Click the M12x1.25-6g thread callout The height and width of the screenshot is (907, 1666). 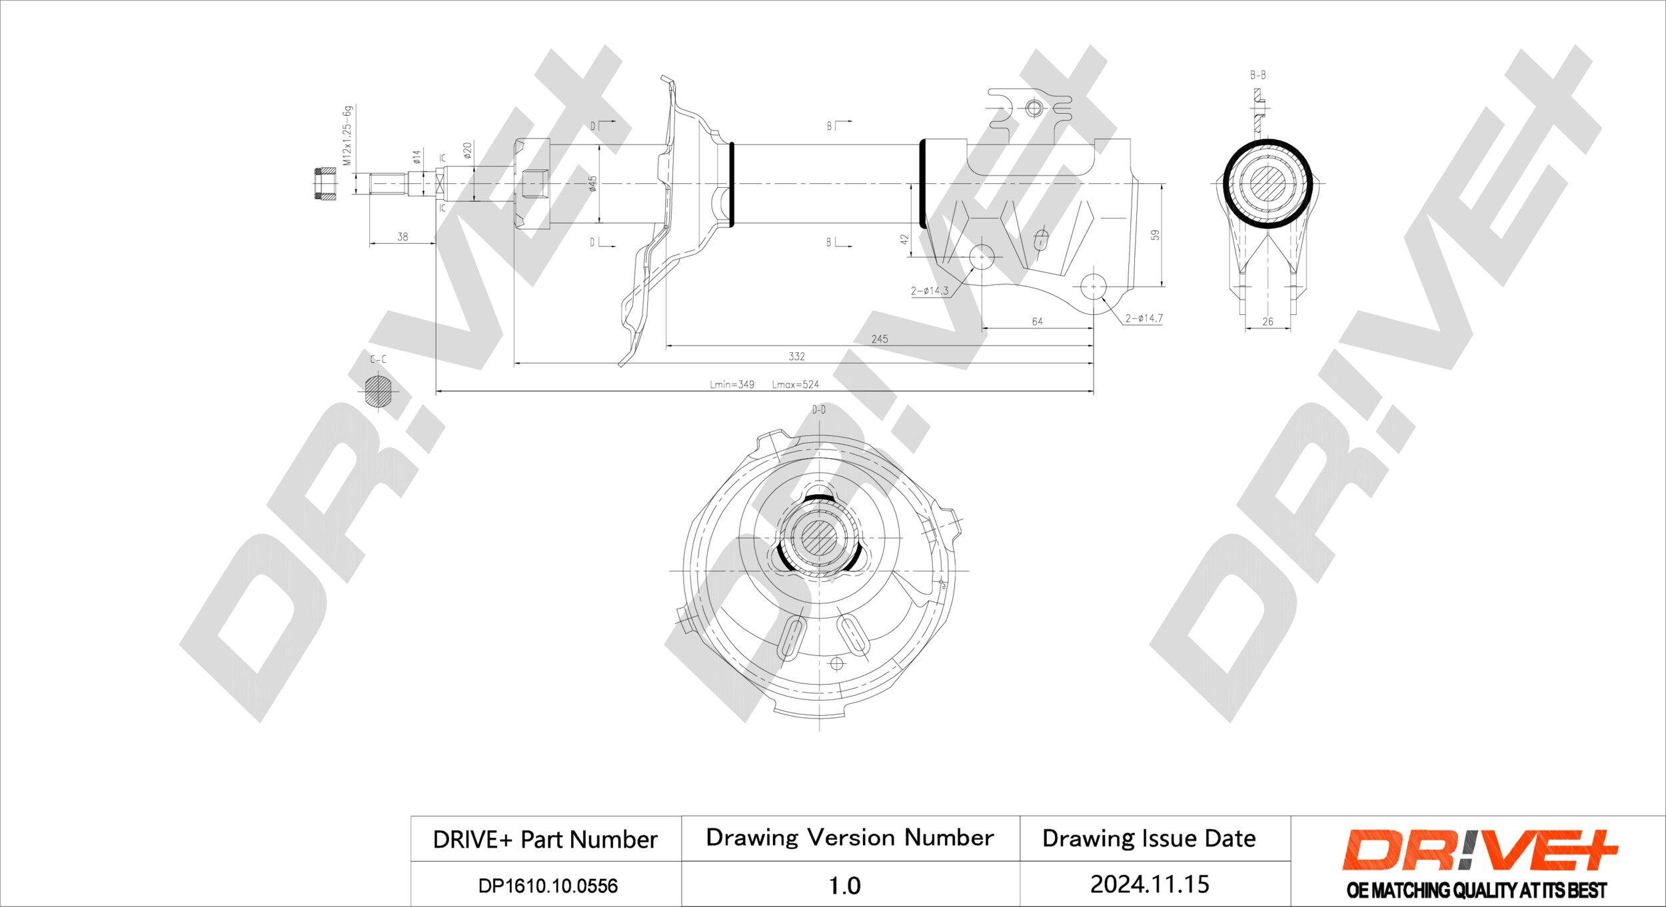pyautogui.click(x=347, y=136)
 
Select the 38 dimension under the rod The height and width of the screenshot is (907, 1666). pyautogui.click(x=403, y=236)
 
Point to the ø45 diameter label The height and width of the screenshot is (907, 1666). pyautogui.click(x=592, y=184)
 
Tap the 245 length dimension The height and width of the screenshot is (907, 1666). pyautogui.click(x=880, y=339)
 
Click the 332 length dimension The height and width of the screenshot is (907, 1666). pyautogui.click(x=797, y=357)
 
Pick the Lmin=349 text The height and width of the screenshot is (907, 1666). pyautogui.click(x=732, y=385)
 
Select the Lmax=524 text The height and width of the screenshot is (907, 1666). pyautogui.click(x=795, y=385)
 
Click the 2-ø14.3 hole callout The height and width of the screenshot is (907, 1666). pyautogui.click(x=929, y=291)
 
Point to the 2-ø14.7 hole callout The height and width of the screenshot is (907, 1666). pyautogui.click(x=1144, y=319)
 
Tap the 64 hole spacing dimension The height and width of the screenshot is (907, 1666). pyautogui.click(x=1037, y=322)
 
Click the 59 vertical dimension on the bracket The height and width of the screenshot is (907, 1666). pyautogui.click(x=1156, y=235)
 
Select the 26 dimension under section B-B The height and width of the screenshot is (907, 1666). pyautogui.click(x=1267, y=322)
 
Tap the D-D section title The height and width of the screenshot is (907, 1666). pyautogui.click(x=819, y=410)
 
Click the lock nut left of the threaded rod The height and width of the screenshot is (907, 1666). pyautogui.click(x=324, y=184)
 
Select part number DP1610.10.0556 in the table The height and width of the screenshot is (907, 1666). pyautogui.click(x=548, y=886)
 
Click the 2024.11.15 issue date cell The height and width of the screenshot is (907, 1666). pyautogui.click(x=1149, y=884)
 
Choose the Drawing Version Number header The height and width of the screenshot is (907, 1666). pyautogui.click(x=850, y=838)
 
